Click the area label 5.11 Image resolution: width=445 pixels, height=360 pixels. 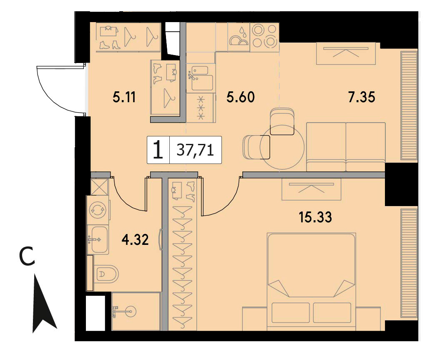(x=124, y=97)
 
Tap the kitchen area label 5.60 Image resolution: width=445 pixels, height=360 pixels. (x=240, y=97)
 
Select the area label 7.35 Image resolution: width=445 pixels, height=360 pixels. (x=361, y=97)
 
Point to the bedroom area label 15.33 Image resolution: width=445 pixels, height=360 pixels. (x=315, y=217)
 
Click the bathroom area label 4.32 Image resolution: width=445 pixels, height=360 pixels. (x=135, y=240)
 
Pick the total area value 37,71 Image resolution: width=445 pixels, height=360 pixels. (x=195, y=150)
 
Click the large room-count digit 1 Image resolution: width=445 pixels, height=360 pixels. (x=158, y=150)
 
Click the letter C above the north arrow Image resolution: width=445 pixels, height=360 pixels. (x=27, y=257)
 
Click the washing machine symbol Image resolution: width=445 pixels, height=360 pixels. (x=98, y=210)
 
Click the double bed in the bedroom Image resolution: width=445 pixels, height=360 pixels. (x=311, y=282)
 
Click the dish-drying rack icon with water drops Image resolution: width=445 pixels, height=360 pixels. (x=239, y=37)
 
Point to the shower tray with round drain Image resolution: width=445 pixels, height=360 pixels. (x=136, y=311)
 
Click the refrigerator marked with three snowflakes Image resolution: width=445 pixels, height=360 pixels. (x=201, y=108)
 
